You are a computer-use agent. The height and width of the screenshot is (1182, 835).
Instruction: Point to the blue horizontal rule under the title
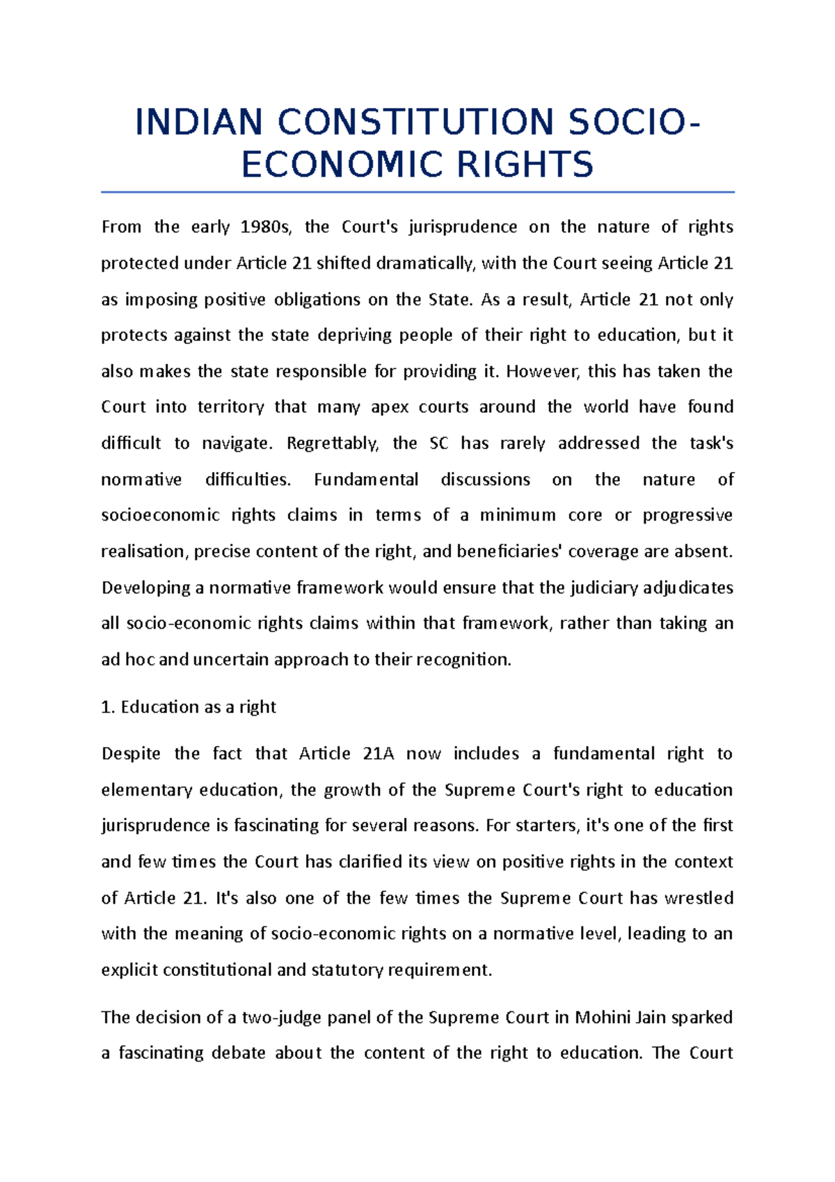(x=417, y=191)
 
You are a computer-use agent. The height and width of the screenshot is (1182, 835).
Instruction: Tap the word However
(x=542, y=371)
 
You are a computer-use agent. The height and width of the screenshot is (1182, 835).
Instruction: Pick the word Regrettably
(x=333, y=443)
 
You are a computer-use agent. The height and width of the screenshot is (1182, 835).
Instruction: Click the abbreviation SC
(x=439, y=443)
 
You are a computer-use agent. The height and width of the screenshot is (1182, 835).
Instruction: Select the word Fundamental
(x=366, y=480)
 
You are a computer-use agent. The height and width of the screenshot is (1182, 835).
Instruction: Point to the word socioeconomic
(x=160, y=515)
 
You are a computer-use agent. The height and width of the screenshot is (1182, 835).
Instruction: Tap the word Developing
(x=145, y=588)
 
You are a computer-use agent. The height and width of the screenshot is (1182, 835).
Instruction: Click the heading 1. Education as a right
(x=189, y=707)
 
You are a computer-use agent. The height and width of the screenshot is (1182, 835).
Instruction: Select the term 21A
(x=379, y=754)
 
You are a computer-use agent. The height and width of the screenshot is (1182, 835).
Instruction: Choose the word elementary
(x=146, y=790)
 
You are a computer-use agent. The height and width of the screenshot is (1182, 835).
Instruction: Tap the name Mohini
(x=603, y=1018)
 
